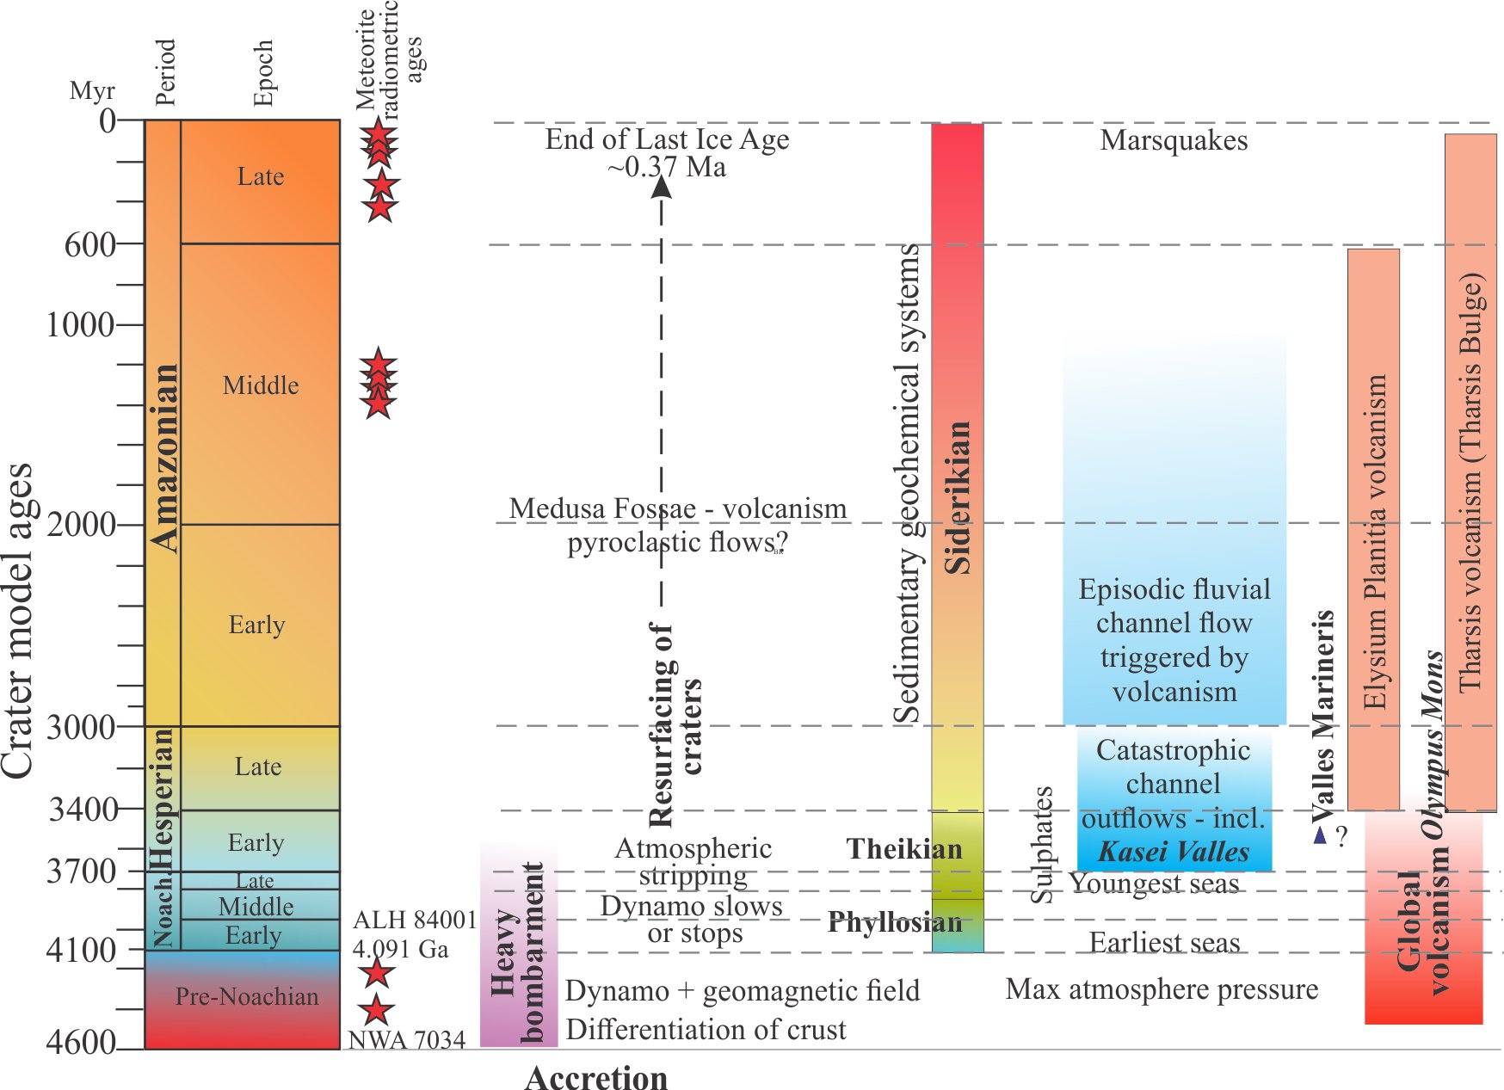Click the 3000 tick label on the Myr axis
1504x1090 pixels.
(80, 728)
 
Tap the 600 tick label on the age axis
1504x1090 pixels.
(89, 245)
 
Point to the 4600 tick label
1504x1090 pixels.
(80, 1043)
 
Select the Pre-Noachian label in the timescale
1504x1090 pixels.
(246, 996)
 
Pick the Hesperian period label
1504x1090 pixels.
(162, 798)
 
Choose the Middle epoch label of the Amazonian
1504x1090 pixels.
(261, 385)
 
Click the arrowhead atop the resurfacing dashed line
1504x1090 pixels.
(661, 185)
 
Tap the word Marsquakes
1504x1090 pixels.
(1174, 140)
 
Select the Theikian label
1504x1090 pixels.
(904, 849)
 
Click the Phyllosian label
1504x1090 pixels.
(895, 923)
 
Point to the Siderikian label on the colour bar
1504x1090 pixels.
(958, 497)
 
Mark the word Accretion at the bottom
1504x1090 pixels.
(595, 1078)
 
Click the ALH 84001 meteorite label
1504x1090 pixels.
(415, 920)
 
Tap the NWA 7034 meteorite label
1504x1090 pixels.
(406, 1040)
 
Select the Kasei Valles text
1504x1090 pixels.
(1174, 852)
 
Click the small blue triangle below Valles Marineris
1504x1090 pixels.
(1320, 834)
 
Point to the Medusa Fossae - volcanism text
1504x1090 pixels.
(677, 508)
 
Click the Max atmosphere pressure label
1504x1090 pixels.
(1162, 989)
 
